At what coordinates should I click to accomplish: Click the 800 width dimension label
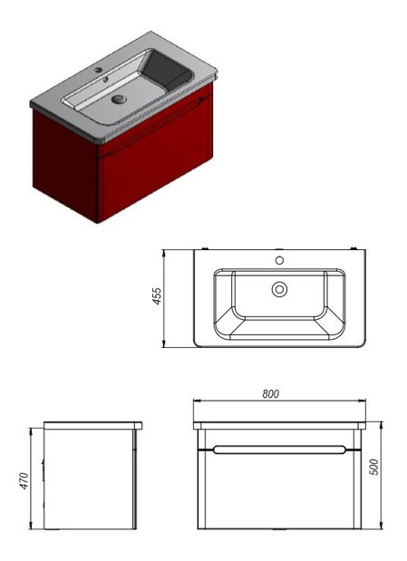click(270, 394)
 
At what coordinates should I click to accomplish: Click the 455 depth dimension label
click(157, 295)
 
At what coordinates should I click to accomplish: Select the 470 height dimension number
click(24, 481)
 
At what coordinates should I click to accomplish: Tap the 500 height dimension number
click(373, 467)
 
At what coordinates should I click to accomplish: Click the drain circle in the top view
click(279, 289)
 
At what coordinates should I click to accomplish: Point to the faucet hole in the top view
click(279, 260)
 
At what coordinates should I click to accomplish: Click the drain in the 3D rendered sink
click(119, 99)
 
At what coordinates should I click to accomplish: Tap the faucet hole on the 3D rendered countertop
click(99, 70)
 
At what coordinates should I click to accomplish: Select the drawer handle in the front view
click(279, 450)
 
